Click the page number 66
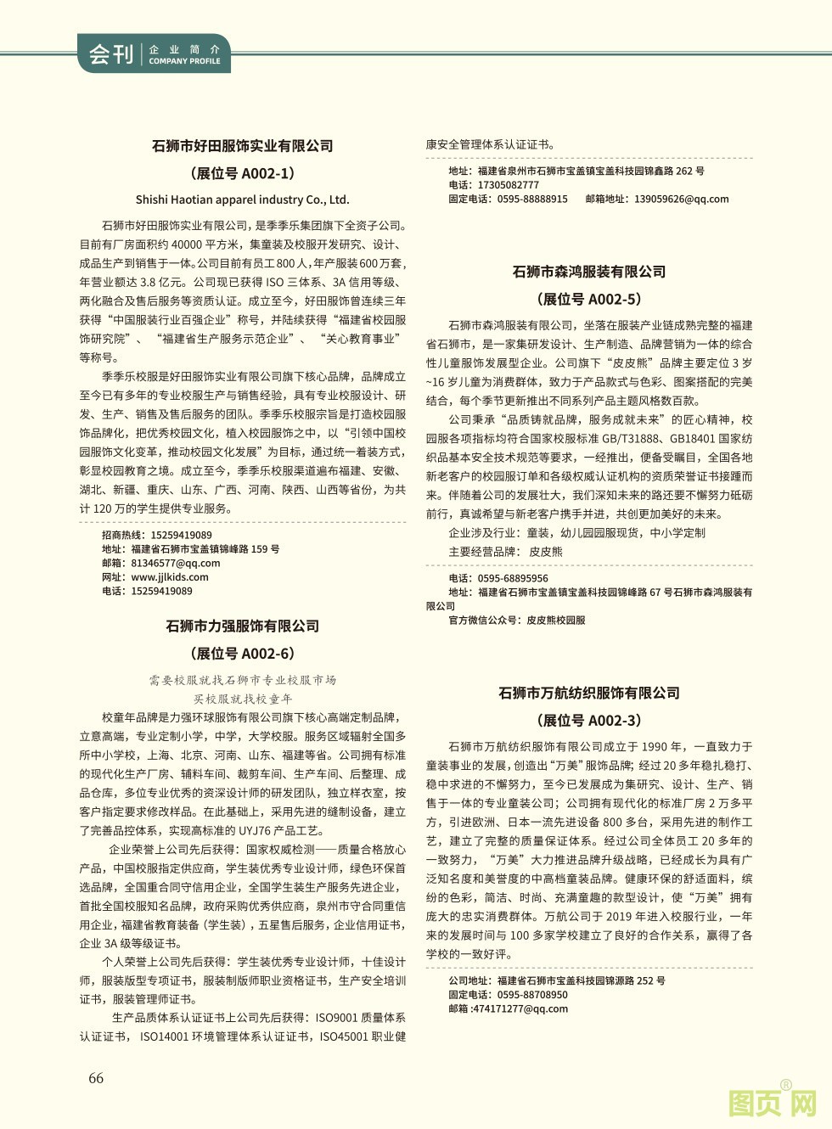tap(96, 1078)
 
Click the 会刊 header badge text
tap(111, 55)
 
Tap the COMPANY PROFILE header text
tap(184, 61)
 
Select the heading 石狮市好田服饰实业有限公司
tap(243, 146)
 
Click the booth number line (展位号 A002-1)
tap(243, 173)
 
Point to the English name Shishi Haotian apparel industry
tap(243, 200)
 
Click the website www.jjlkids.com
tap(170, 577)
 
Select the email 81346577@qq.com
tap(175, 563)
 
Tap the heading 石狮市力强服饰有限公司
tap(243, 626)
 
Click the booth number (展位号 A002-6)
tap(243, 654)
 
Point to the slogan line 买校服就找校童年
tap(243, 699)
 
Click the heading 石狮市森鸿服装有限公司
tap(589, 272)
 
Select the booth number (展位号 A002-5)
tap(589, 299)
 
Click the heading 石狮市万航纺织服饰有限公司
tap(589, 694)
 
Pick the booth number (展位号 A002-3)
tap(589, 721)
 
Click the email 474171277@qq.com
tap(520, 1008)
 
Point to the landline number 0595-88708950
tap(532, 995)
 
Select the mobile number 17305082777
tap(508, 185)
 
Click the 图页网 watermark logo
tap(773, 1104)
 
